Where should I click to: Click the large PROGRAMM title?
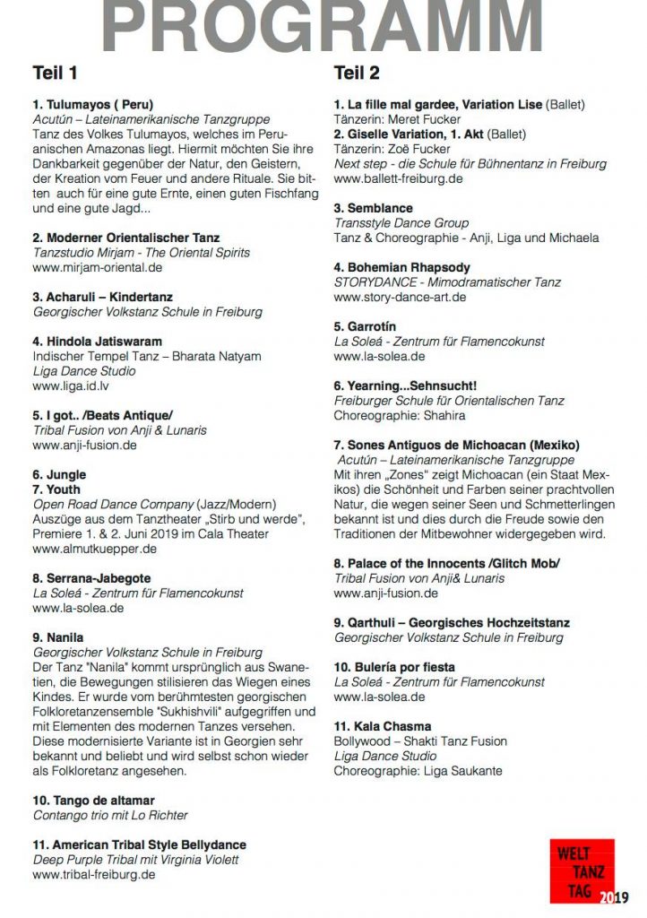[323, 27]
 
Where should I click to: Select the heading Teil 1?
[55, 73]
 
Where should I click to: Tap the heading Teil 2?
[357, 73]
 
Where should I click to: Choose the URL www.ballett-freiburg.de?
[398, 178]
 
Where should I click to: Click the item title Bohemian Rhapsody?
[401, 267]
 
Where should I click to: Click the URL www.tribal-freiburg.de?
[93, 875]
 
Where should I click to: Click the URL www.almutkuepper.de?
[91, 549]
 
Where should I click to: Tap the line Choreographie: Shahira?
[400, 415]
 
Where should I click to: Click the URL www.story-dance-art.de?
[400, 297]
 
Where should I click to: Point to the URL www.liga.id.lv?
[71, 385]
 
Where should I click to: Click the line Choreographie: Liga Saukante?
[418, 770]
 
